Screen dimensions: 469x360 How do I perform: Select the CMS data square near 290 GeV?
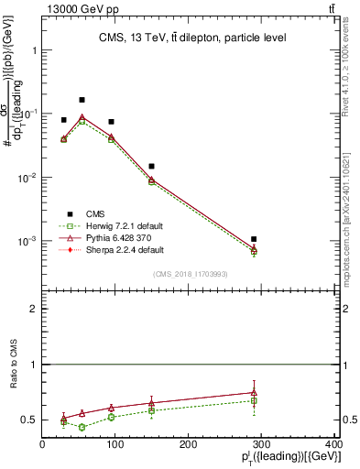click(266, 239)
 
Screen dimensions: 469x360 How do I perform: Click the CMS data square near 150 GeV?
click(151, 166)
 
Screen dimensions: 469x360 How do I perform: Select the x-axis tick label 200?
click(188, 446)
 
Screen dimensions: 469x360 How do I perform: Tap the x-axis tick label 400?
click(333, 446)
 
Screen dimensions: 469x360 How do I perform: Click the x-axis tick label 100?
click(115, 446)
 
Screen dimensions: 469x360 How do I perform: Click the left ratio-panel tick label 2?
click(33, 310)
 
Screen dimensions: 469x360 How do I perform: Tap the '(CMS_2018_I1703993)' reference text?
click(190, 274)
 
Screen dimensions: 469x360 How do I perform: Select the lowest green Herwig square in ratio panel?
click(82, 427)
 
